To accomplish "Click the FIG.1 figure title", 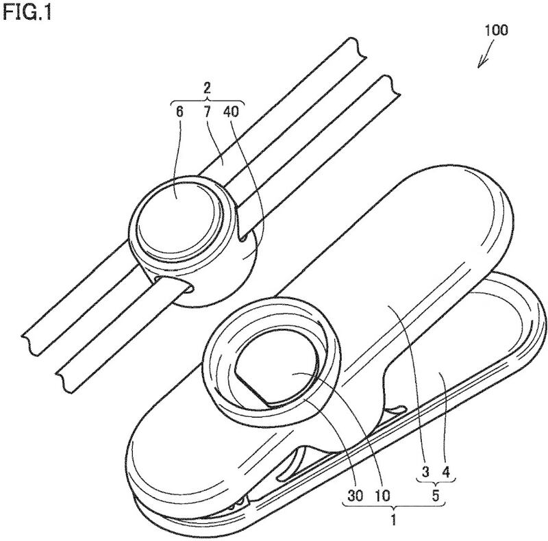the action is (x=27, y=12).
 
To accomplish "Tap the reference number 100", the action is (x=496, y=30).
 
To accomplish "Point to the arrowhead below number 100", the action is (x=482, y=63).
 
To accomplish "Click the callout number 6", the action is (x=179, y=112).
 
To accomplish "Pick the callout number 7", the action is (x=207, y=112).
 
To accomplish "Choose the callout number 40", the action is (x=231, y=112).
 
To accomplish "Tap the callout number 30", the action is (x=355, y=495).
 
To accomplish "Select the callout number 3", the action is (x=425, y=472).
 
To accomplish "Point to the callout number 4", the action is (x=446, y=472).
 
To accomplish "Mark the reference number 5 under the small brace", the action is (x=436, y=496).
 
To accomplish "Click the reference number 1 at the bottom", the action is (x=394, y=520).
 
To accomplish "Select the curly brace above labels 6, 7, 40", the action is (x=207, y=100).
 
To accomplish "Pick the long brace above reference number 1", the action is (x=394, y=505).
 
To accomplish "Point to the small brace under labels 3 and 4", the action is (x=436, y=482).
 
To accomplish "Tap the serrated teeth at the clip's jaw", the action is (x=238, y=503).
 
